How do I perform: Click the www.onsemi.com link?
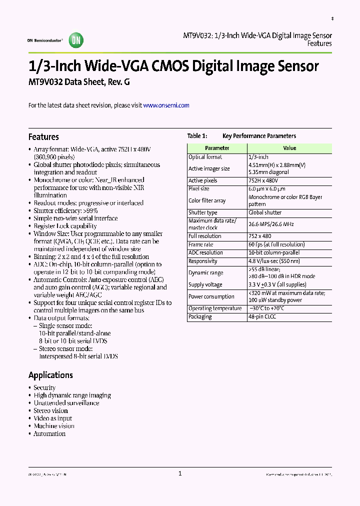166,105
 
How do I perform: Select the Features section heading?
43,137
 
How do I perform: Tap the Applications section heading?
50,375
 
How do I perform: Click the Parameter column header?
217,148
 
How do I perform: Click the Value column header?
289,148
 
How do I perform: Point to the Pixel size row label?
199,189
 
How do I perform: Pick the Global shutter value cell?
265,212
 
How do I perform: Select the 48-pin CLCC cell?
264,316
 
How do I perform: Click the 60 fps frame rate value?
276,244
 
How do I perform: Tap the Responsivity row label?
203,261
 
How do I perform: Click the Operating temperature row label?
215,308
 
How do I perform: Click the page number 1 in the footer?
180,474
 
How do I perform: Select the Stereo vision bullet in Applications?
50,410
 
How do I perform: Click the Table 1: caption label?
197,136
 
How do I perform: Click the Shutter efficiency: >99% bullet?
65,210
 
